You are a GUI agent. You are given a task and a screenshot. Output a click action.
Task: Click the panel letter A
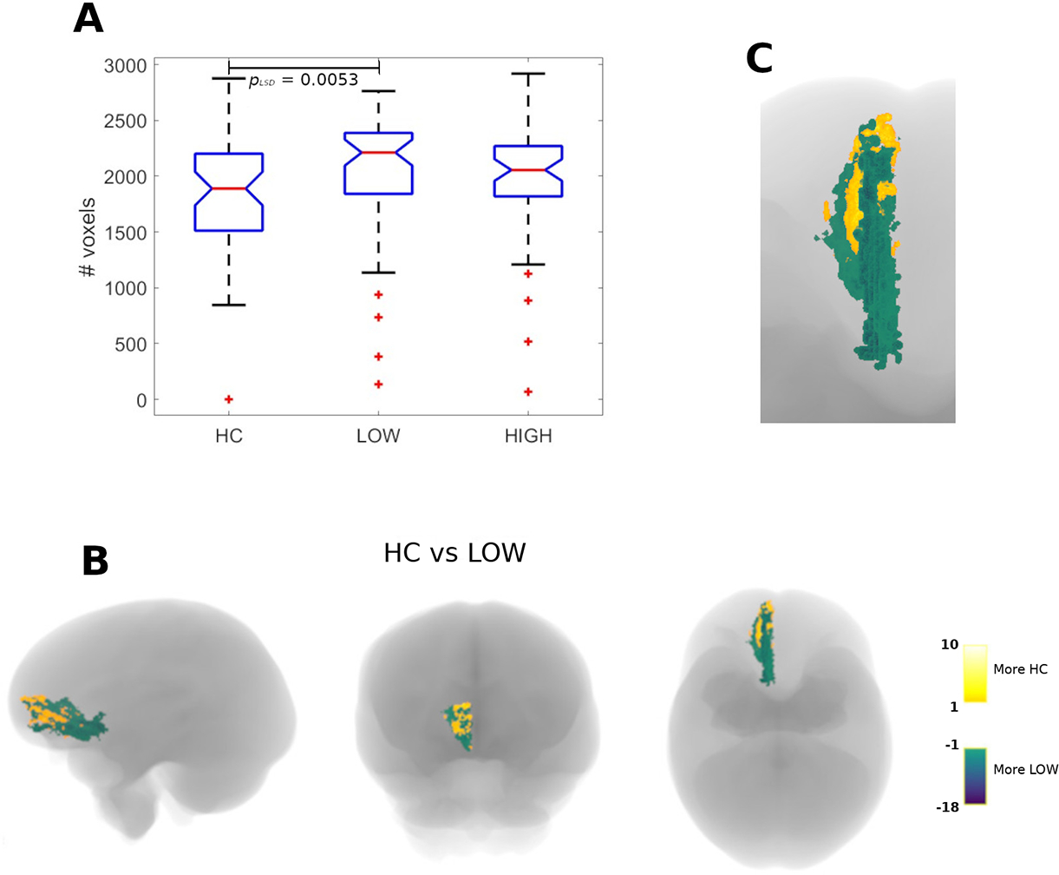pyautogui.click(x=88, y=19)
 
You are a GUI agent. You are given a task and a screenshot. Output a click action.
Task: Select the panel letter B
pyautogui.click(x=95, y=562)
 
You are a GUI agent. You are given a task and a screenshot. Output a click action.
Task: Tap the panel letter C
pyautogui.click(x=760, y=59)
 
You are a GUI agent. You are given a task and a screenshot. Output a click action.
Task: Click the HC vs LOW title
pyautogui.click(x=454, y=552)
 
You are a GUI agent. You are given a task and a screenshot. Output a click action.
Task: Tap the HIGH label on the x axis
pyautogui.click(x=527, y=436)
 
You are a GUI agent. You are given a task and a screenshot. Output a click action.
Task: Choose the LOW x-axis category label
pyautogui.click(x=378, y=436)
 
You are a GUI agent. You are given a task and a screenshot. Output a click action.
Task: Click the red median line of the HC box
pyautogui.click(x=229, y=188)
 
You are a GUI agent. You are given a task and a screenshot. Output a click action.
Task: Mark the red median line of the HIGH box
pyautogui.click(x=528, y=170)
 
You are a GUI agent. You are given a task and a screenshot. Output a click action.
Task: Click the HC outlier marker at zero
pyautogui.click(x=229, y=399)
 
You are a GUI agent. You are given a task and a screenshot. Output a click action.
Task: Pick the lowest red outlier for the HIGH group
pyautogui.click(x=528, y=392)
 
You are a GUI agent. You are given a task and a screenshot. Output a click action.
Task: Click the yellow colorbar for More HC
pyautogui.click(x=975, y=673)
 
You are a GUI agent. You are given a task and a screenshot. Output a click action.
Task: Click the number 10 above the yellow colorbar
pyautogui.click(x=950, y=644)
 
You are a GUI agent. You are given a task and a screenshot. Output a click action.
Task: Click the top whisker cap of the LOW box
pyautogui.click(x=378, y=91)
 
